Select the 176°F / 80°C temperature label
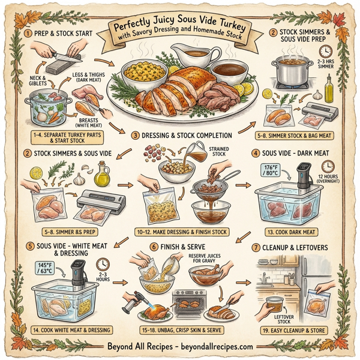(271, 170)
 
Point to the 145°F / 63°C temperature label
(45, 268)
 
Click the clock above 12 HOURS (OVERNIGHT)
(328, 166)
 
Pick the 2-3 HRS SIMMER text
(326, 64)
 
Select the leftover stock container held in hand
(274, 305)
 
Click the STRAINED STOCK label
(219, 152)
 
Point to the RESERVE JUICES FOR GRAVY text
(205, 258)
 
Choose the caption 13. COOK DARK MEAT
(292, 232)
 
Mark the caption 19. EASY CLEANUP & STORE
(294, 331)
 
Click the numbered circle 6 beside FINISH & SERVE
(154, 247)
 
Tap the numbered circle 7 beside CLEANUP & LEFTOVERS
(256, 248)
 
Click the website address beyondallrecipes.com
(217, 346)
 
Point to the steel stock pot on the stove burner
(292, 71)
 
